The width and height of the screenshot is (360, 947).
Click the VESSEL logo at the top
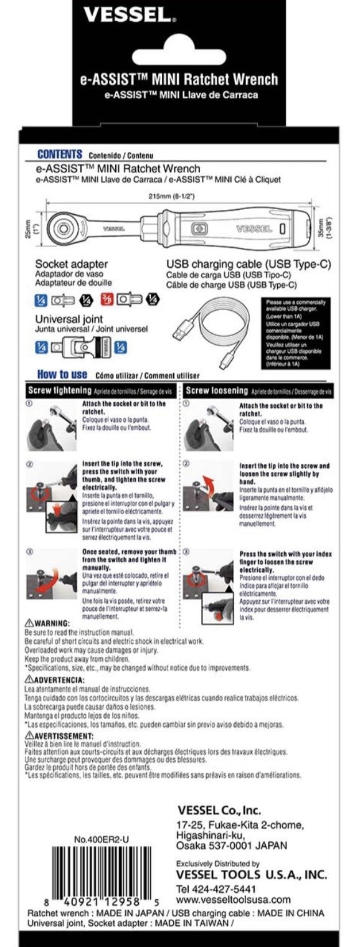[x=130, y=15]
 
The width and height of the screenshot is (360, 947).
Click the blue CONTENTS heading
[x=60, y=154]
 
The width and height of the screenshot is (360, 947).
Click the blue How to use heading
[x=62, y=375]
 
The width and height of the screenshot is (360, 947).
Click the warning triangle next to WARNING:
[x=29, y=623]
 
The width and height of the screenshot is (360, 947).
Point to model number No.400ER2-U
[x=102, y=839]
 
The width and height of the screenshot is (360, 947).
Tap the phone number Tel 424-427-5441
[x=216, y=888]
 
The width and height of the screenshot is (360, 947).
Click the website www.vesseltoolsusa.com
[x=234, y=900]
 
